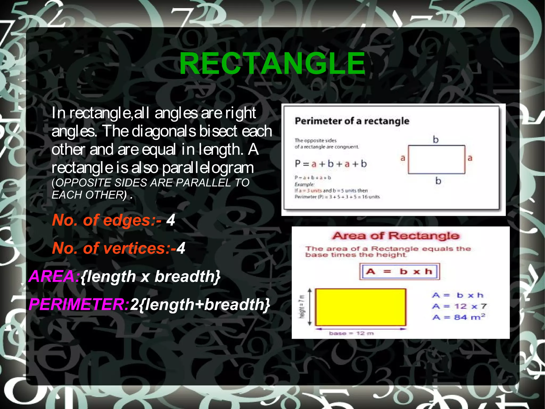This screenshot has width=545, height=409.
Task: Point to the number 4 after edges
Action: [171, 220]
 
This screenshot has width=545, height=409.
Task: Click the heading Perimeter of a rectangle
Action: [352, 121]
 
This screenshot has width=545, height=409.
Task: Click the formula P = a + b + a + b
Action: [331, 164]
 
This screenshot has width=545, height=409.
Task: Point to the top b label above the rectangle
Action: [436, 139]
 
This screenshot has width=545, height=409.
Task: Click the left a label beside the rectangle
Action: [403, 158]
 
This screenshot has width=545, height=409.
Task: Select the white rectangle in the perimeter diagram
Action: [436, 159]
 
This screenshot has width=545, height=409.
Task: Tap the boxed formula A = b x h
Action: [399, 272]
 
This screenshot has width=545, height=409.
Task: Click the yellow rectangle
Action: [361, 307]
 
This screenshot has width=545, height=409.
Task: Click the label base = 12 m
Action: [351, 333]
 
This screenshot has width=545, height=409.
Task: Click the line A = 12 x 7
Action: [459, 306]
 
